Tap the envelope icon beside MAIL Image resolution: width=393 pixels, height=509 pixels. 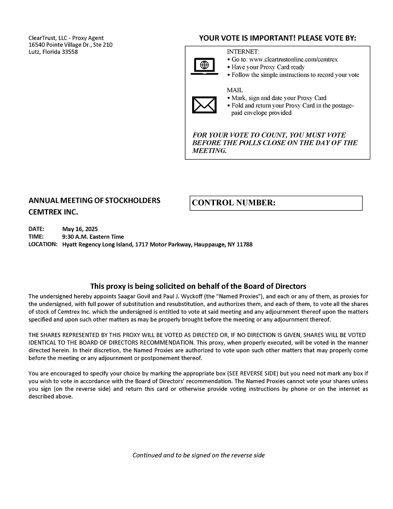click(x=204, y=104)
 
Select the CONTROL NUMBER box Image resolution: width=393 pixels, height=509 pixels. click(x=276, y=203)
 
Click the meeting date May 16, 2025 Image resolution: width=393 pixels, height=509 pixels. click(x=80, y=229)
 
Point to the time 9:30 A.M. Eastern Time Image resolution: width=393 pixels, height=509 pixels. click(x=93, y=237)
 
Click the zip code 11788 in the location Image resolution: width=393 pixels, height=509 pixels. click(x=245, y=245)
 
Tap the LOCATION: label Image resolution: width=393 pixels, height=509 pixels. click(x=43, y=245)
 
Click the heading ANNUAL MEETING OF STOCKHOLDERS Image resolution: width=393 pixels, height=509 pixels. click(x=94, y=201)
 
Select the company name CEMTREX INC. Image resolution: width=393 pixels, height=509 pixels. click(x=53, y=213)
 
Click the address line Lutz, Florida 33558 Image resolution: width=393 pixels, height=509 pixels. click(x=53, y=52)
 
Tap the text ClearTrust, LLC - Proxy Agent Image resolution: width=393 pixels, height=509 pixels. click(x=66, y=38)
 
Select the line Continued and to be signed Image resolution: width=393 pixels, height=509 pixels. click(x=198, y=455)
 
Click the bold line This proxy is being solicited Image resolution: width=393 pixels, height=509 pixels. click(x=198, y=287)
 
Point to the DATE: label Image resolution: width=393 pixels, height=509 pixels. click(x=36, y=229)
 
